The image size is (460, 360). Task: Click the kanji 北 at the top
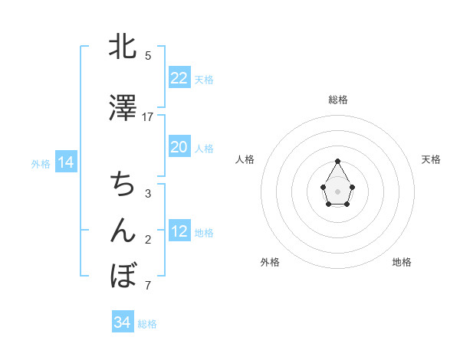pyautogui.click(x=123, y=47)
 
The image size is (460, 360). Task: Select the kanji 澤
pyautogui.click(x=123, y=109)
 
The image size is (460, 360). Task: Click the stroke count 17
pyautogui.click(x=148, y=117)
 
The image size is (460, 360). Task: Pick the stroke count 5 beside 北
pyautogui.click(x=148, y=56)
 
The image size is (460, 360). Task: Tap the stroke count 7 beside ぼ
pyautogui.click(x=148, y=286)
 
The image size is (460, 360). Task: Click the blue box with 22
pyautogui.click(x=179, y=78)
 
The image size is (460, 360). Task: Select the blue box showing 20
pyautogui.click(x=179, y=147)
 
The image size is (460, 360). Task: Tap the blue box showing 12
pyautogui.click(x=179, y=231)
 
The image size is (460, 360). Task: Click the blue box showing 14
pyautogui.click(x=65, y=162)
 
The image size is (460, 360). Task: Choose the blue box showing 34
pyautogui.click(x=122, y=322)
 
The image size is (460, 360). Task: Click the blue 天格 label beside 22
pyautogui.click(x=204, y=79)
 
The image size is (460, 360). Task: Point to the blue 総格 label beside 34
pyautogui.click(x=147, y=324)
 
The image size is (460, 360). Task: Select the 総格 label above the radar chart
pyautogui.click(x=337, y=100)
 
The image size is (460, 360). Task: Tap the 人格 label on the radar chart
pyautogui.click(x=245, y=159)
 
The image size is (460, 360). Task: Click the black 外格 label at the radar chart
pyautogui.click(x=270, y=262)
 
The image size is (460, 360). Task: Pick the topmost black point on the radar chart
pyautogui.click(x=337, y=161)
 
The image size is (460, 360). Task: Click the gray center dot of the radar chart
pyautogui.click(x=337, y=190)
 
